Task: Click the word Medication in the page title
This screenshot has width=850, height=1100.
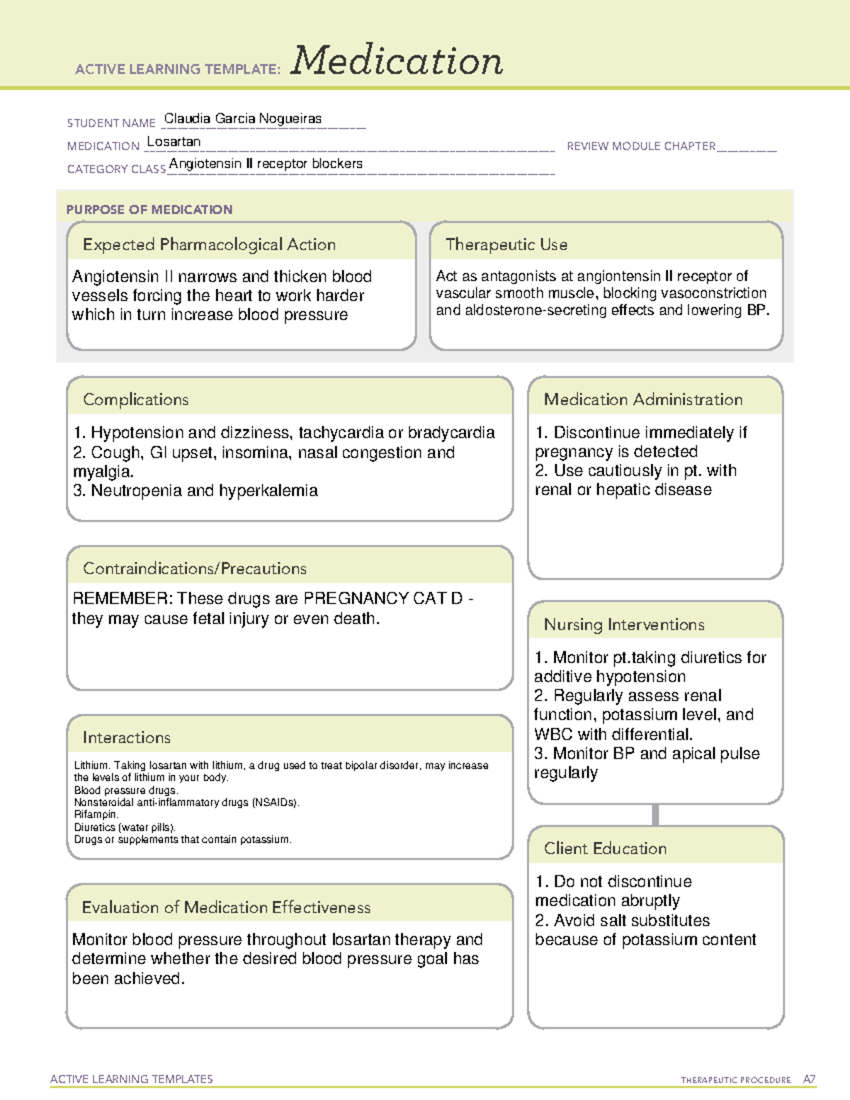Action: pos(397,61)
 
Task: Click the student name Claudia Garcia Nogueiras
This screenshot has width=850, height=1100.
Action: pos(243,118)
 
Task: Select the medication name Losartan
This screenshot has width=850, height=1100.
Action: pos(174,142)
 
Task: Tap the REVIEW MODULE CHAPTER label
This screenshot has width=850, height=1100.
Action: pos(641,146)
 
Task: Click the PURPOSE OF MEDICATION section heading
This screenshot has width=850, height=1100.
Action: pos(149,210)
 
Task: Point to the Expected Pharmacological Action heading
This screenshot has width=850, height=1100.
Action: pos(209,244)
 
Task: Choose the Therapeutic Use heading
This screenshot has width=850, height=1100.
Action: pos(506,244)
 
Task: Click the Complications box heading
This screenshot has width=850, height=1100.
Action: pos(135,399)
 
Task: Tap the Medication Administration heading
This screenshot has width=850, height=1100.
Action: pos(642,399)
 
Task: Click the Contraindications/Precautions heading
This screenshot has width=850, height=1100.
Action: pos(194,568)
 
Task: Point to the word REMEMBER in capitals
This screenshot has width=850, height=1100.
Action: pos(122,599)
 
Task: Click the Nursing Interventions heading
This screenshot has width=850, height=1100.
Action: pos(623,624)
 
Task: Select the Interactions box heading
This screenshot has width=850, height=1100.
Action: pos(126,737)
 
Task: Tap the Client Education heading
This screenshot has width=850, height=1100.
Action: pos(605,848)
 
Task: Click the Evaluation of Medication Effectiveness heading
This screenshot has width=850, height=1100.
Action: pos(226,907)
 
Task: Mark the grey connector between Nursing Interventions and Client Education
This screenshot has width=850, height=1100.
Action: pos(655,815)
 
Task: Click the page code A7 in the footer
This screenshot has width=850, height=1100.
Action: pos(808,1079)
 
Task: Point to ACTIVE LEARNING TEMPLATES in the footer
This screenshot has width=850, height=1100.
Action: pos(132,1079)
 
